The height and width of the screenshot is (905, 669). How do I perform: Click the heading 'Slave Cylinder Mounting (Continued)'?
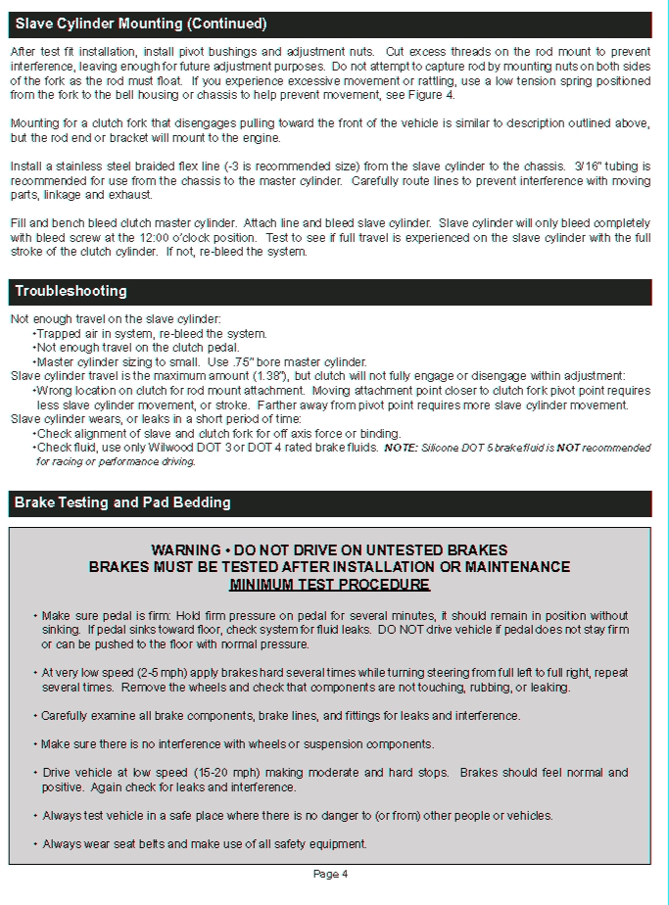[141, 24]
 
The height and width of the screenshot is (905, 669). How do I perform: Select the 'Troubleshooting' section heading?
[71, 291]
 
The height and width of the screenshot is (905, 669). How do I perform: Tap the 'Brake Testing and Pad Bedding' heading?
[122, 502]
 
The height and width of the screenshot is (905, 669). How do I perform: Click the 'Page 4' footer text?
[331, 874]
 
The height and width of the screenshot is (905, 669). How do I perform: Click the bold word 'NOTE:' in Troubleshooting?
[400, 448]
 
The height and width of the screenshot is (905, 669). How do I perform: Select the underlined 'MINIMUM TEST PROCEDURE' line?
[329, 585]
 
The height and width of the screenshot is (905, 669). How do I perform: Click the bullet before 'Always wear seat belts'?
[35, 844]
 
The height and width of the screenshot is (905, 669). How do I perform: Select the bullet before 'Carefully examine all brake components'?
[35, 716]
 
